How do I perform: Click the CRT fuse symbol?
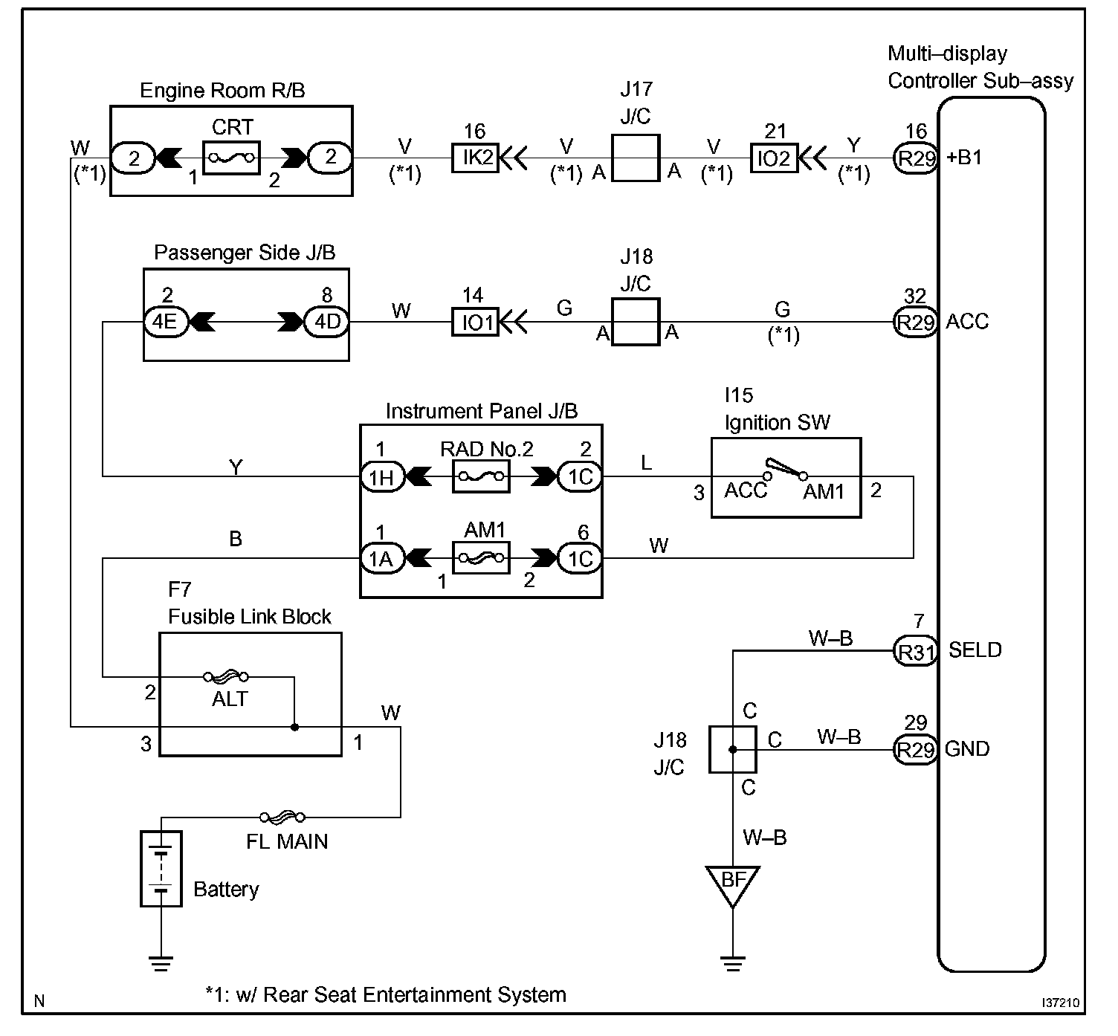point(232,158)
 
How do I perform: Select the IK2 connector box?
point(475,158)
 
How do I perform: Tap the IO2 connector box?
point(775,158)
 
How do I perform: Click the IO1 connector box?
point(475,323)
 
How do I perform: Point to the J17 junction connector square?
point(636,158)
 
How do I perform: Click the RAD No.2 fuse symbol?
point(481,476)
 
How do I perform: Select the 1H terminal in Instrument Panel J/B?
point(382,476)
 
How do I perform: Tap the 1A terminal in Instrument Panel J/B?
point(382,557)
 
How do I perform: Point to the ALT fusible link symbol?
point(226,677)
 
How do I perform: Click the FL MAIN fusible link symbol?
point(282,818)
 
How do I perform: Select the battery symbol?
point(161,868)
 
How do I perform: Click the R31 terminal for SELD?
point(915,651)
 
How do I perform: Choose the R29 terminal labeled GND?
point(915,750)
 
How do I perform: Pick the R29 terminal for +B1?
point(915,158)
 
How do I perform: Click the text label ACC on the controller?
point(967,323)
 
